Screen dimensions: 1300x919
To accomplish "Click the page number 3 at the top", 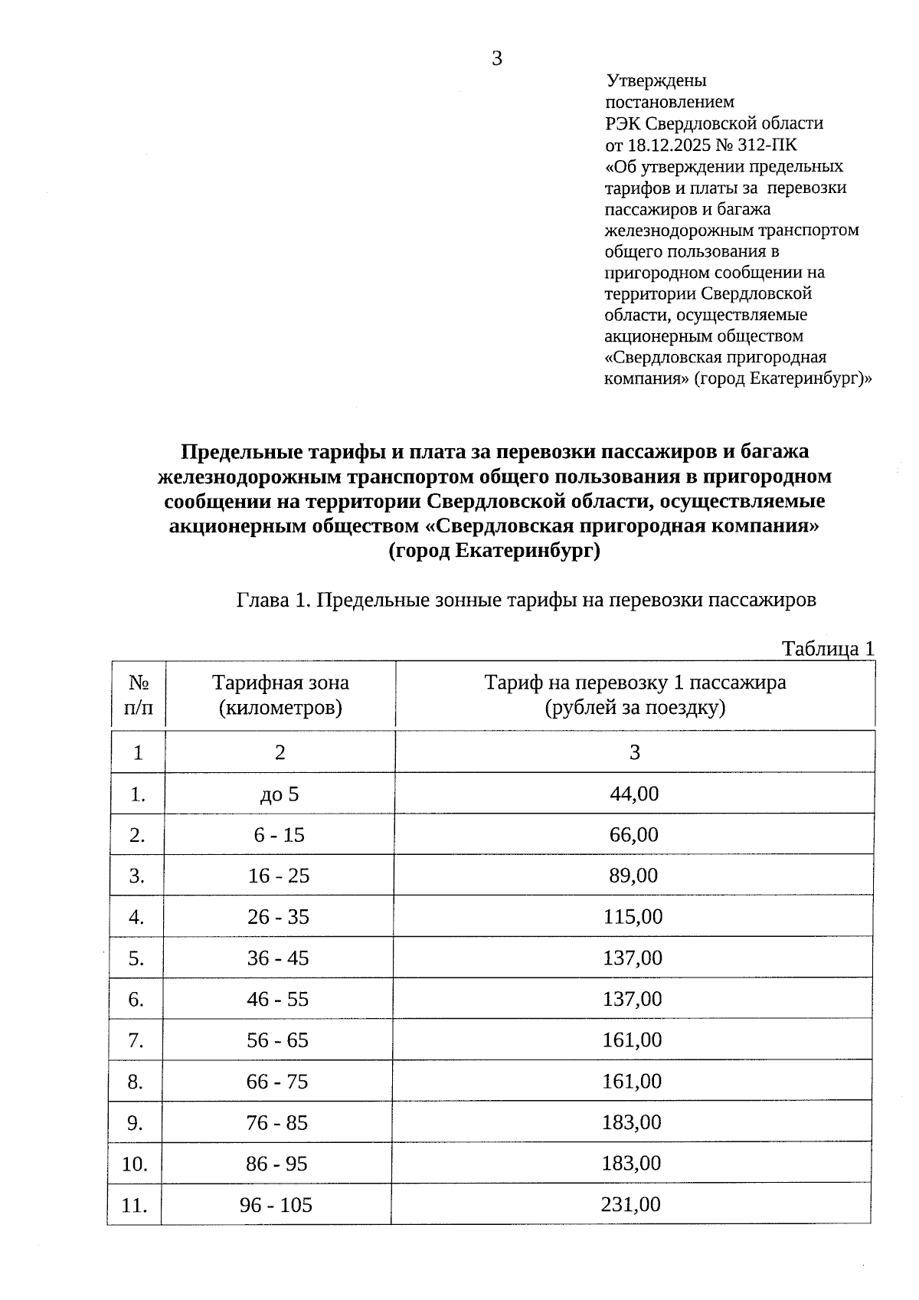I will click(x=497, y=58).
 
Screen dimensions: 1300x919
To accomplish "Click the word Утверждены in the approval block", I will click(x=656, y=80).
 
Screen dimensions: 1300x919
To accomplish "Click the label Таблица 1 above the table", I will click(x=827, y=649).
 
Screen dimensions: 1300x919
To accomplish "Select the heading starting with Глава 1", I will click(x=526, y=600).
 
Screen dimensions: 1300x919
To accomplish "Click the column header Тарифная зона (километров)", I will click(x=280, y=694).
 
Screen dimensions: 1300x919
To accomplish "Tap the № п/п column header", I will click(x=138, y=694).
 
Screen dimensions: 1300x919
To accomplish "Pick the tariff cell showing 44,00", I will click(x=634, y=794).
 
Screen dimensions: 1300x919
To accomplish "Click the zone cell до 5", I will click(x=280, y=794).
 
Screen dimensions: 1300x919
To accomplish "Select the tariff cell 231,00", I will click(x=631, y=1204).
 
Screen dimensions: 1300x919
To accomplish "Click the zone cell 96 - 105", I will click(x=276, y=1205).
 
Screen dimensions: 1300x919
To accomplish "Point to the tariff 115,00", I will click(x=633, y=917).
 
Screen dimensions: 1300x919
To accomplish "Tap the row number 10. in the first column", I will click(x=135, y=1164).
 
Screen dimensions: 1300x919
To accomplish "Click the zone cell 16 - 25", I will click(x=279, y=876).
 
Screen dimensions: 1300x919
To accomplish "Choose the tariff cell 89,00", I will click(x=633, y=876).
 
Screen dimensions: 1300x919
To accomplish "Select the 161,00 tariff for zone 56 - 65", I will click(x=633, y=1040).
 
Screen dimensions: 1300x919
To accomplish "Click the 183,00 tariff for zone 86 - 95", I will click(x=632, y=1164).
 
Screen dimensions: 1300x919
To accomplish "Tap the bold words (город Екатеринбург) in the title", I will click(x=494, y=552).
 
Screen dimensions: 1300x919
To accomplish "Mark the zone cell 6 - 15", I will click(x=280, y=835).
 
